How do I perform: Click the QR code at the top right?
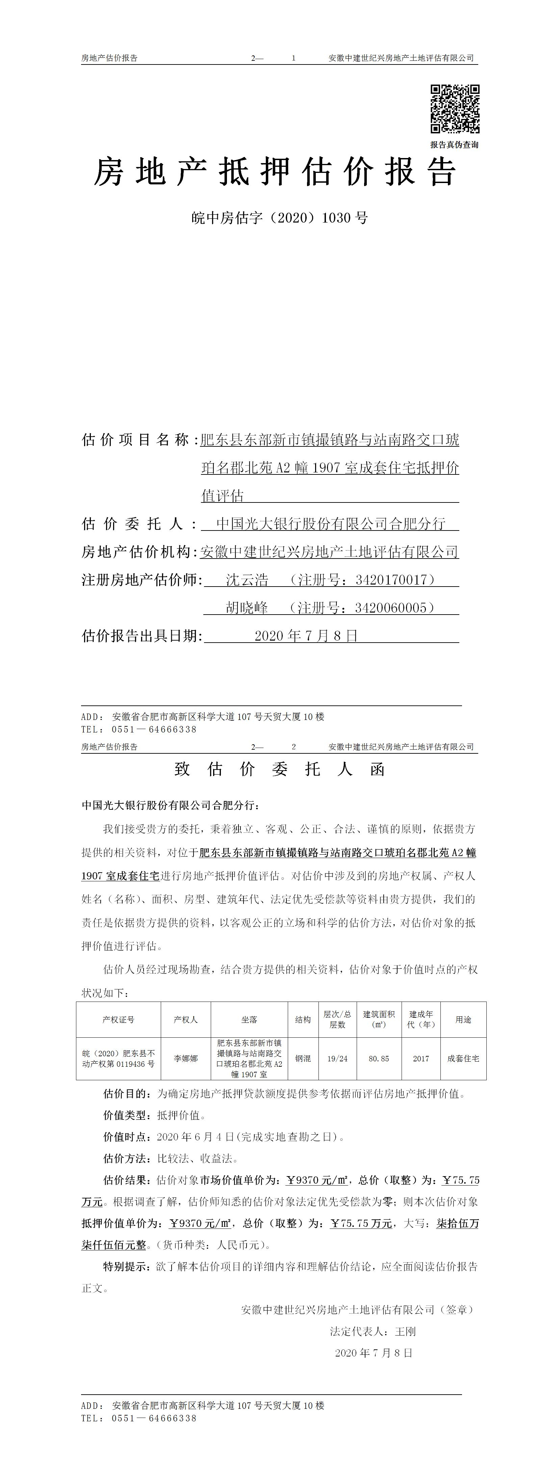click(455, 109)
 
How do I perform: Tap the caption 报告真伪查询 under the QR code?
click(454, 145)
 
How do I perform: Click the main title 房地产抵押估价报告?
click(275, 172)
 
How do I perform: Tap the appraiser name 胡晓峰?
click(247, 607)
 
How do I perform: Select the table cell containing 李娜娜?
click(185, 1059)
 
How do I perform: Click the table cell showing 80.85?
click(379, 1059)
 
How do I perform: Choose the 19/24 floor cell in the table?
click(337, 1059)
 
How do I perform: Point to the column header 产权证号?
click(119, 1020)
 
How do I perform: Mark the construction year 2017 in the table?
click(421, 1059)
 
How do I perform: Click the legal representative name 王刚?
click(405, 1331)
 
